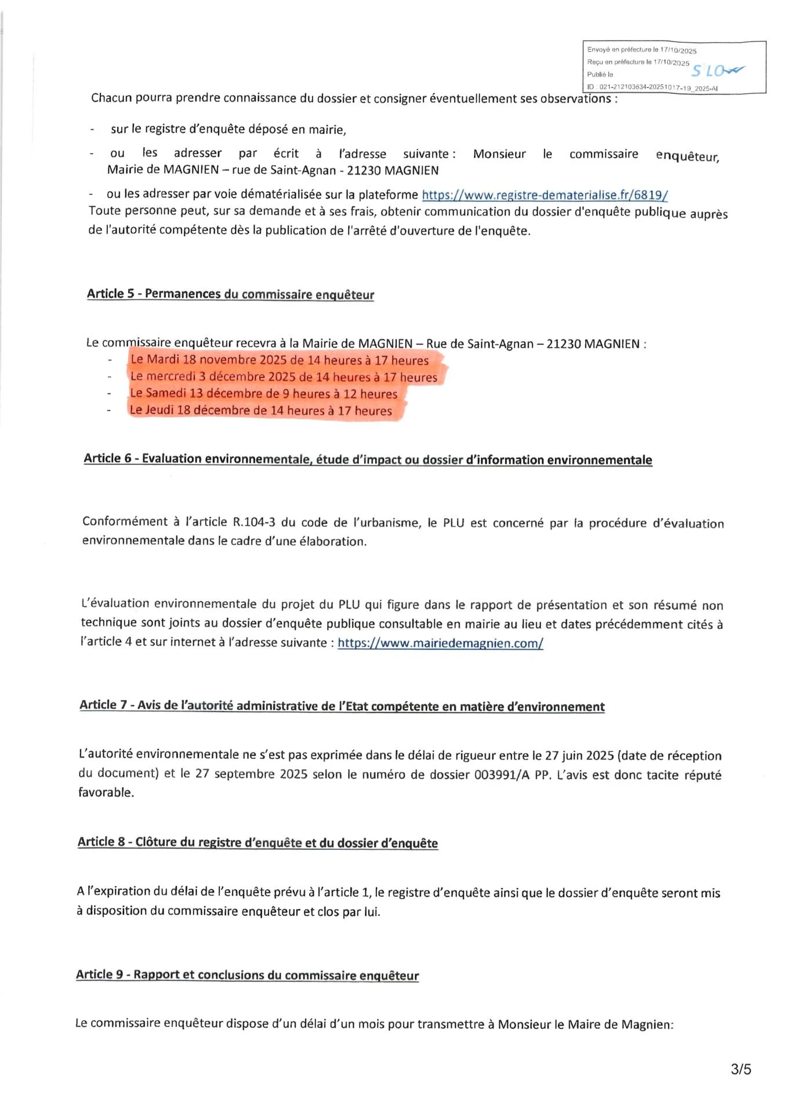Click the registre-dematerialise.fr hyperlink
point(545,195)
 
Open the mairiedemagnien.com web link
point(440,643)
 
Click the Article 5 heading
point(230,294)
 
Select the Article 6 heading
point(368,459)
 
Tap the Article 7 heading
point(342,705)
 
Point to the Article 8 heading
point(258,842)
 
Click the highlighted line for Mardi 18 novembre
point(280,360)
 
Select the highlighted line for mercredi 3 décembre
point(284,377)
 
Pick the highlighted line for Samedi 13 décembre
point(264,394)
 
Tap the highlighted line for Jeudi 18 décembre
point(261,410)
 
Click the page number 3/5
point(741,1069)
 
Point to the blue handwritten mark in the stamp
point(717,71)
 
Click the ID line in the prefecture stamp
point(652,88)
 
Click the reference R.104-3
point(253,522)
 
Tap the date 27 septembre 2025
point(251,774)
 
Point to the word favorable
point(106,792)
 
